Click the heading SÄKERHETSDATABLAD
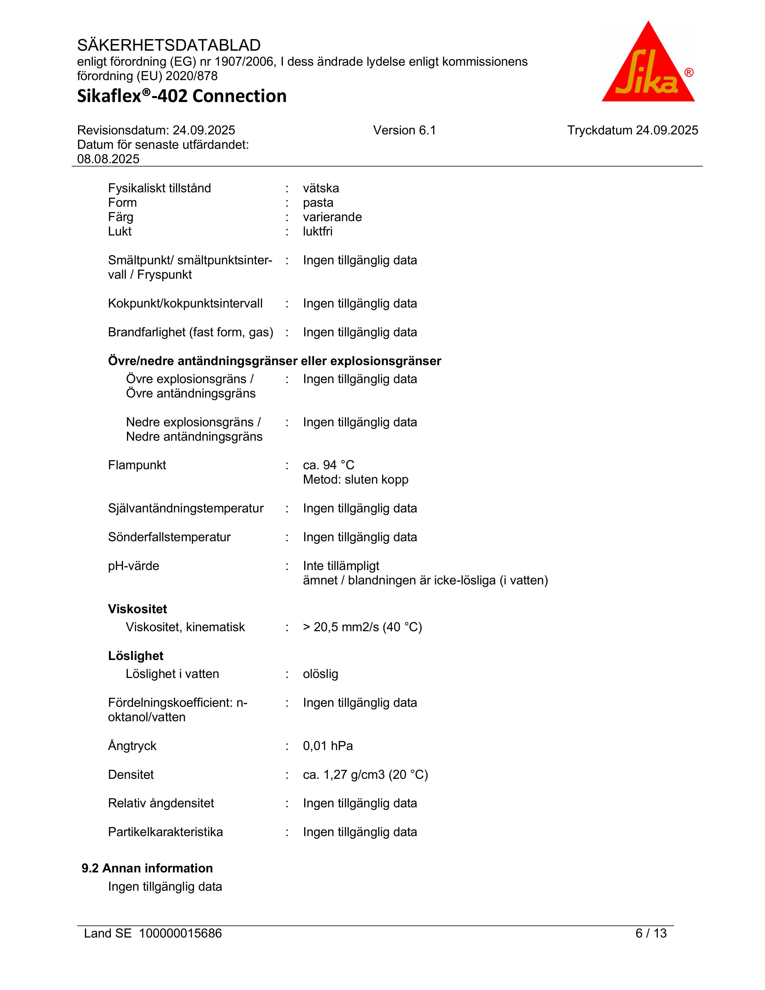pos(169,45)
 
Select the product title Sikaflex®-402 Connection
pos(182,96)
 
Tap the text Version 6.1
pos(404,130)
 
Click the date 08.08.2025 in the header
pos(108,159)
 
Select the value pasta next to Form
pos(318,202)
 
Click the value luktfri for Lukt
pos(318,231)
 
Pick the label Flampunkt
pos(137,465)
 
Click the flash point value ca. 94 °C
pos(328,465)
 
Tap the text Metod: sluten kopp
pos(355,480)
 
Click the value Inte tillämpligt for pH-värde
pos(341,566)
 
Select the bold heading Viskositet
pos(137,609)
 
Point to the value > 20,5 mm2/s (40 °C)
pos(362,627)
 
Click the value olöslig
pos(320,674)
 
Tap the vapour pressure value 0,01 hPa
pos(328,746)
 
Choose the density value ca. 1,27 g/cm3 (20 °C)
pos(365,775)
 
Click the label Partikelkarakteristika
pos(165,832)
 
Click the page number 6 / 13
pos(651,933)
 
